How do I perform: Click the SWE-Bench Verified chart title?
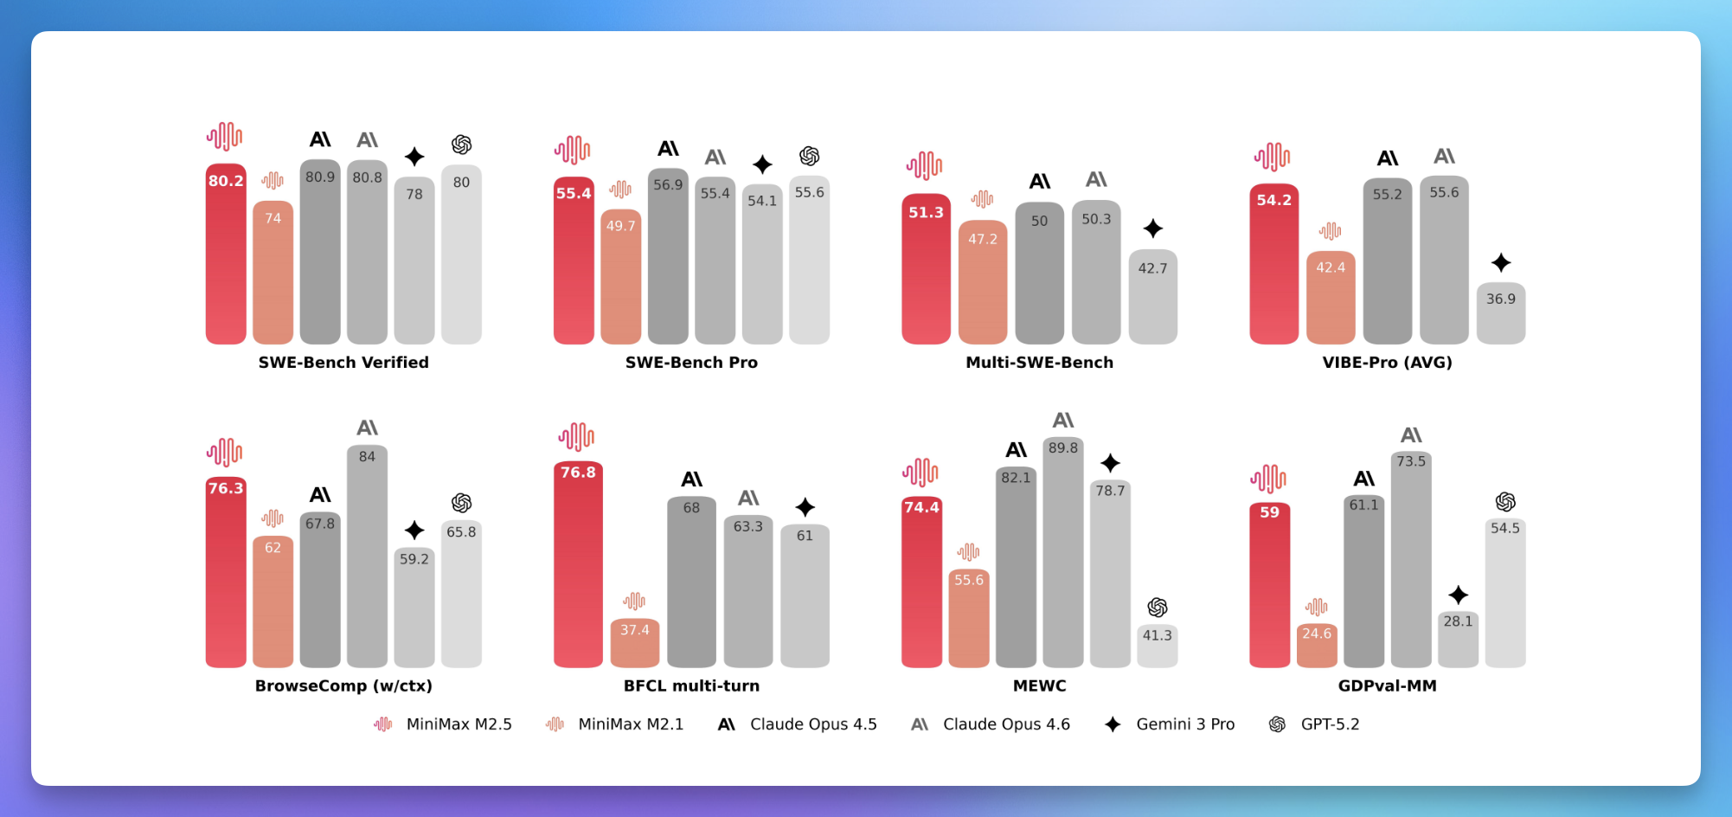(x=343, y=363)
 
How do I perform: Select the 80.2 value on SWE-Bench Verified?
(x=226, y=181)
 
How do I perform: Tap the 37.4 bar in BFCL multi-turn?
(x=634, y=644)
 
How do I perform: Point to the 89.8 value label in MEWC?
(x=1063, y=448)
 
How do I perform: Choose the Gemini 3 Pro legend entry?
(x=1170, y=724)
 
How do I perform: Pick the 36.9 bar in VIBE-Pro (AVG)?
(x=1500, y=314)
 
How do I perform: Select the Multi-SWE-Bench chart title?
(x=1039, y=363)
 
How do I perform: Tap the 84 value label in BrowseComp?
(x=367, y=457)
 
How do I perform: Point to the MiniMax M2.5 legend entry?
(x=442, y=724)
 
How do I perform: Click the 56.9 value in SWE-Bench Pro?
(x=668, y=185)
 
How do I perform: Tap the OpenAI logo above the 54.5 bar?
(x=1505, y=502)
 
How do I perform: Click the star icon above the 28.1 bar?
(x=1458, y=595)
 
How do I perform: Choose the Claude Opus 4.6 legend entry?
(x=991, y=724)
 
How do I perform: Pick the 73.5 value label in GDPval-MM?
(x=1411, y=462)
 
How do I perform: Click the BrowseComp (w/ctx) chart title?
(x=343, y=686)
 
